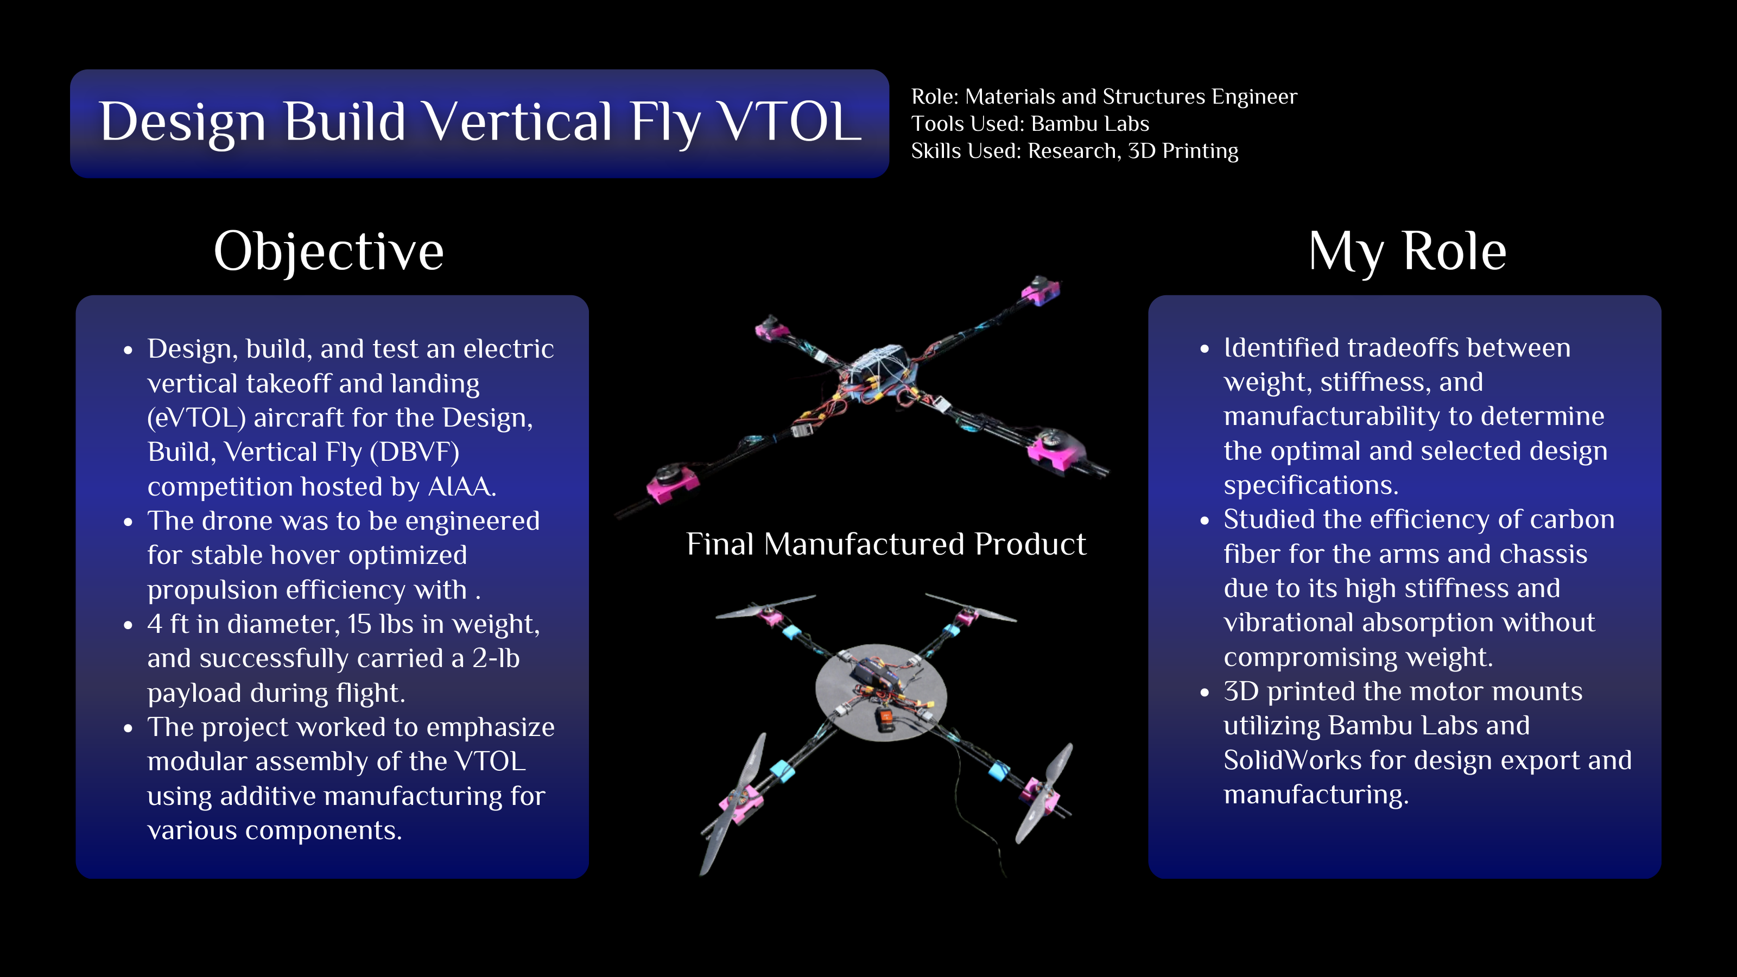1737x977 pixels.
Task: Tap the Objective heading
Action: pyautogui.click(x=329, y=251)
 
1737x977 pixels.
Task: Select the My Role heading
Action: pyautogui.click(x=1408, y=251)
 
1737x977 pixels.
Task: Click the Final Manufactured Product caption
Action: pyautogui.click(x=886, y=544)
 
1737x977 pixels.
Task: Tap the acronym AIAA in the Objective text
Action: pyautogui.click(x=462, y=487)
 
